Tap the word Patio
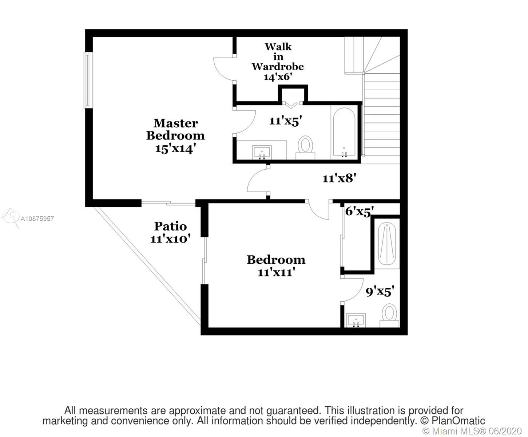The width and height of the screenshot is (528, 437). point(170,226)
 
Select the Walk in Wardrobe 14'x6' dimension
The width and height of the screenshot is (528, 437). point(278,77)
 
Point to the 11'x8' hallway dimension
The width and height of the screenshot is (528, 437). point(340,178)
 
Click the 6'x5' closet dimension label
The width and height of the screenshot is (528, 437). point(359,211)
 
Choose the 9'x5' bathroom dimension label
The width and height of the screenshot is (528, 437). point(380,291)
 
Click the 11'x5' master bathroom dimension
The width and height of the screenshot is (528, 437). point(286,121)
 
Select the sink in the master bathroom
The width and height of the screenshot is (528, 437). point(262,152)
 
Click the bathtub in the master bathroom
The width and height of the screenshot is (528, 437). point(344,132)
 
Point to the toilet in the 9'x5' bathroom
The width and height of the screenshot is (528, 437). point(389,315)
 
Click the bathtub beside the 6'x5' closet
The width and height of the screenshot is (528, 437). point(387,244)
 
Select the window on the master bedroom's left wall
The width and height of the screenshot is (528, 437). point(87,80)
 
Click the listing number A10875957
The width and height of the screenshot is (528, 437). point(37,219)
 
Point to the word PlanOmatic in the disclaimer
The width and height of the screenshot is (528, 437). point(458,421)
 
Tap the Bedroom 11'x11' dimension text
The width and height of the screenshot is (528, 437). point(276,273)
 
